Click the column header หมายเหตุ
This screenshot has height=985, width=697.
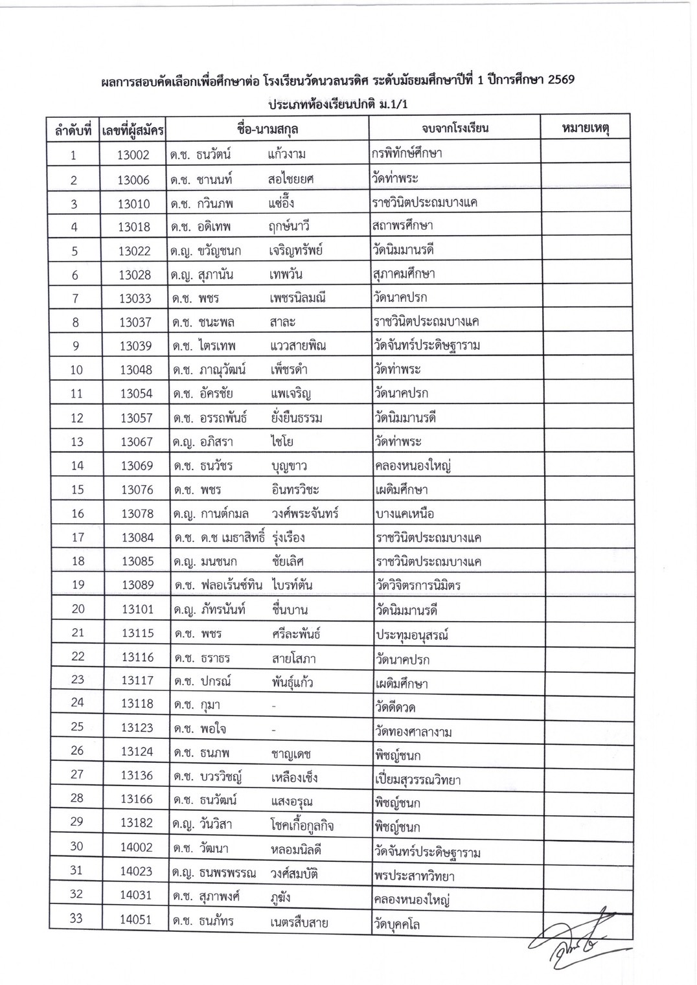(585, 128)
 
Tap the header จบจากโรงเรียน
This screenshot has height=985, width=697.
(455, 128)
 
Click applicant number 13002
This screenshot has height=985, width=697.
(133, 155)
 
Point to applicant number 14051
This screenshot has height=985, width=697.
(135, 920)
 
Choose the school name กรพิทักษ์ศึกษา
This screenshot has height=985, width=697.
(407, 153)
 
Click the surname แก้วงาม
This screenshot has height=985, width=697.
(286, 155)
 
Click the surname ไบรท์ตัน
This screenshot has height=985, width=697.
(293, 585)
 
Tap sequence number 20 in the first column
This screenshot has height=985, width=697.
(78, 609)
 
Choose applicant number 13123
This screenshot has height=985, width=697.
(137, 727)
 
